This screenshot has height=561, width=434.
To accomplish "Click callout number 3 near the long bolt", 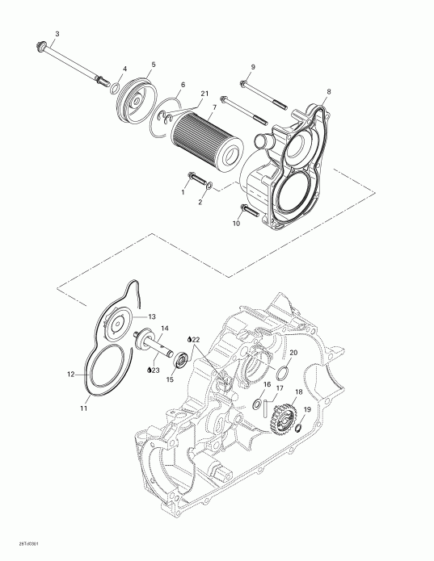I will pos(56,33).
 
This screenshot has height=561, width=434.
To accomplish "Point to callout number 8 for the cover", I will pos(329,92).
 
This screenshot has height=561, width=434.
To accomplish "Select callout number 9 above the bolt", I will pos(252,65).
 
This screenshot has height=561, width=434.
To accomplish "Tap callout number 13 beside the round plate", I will pos(152,316).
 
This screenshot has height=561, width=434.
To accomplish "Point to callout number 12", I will pos(70,374).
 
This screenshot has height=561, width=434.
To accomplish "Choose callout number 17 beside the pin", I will pos(280,389).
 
